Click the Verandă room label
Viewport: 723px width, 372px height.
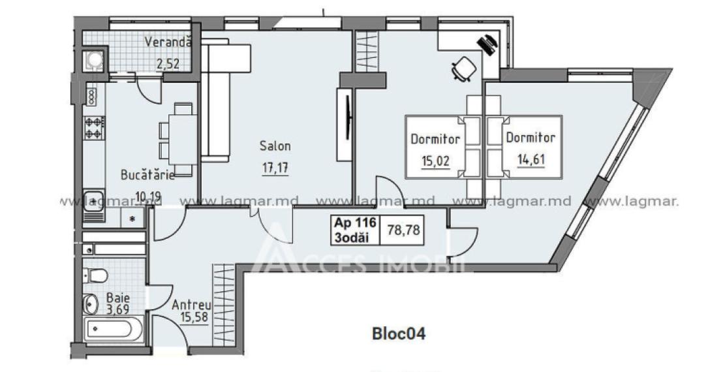click(x=168, y=43)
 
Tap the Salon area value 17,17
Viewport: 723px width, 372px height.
click(x=274, y=168)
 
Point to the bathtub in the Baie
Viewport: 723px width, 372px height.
click(x=112, y=329)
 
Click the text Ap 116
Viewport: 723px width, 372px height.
click(x=354, y=223)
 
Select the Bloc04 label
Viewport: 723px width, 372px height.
click(x=398, y=335)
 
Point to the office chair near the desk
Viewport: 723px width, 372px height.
click(x=464, y=68)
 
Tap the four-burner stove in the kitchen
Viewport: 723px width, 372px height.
click(x=94, y=126)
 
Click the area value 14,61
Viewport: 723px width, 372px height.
click(x=530, y=160)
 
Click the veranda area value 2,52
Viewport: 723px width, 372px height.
click(x=168, y=63)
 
